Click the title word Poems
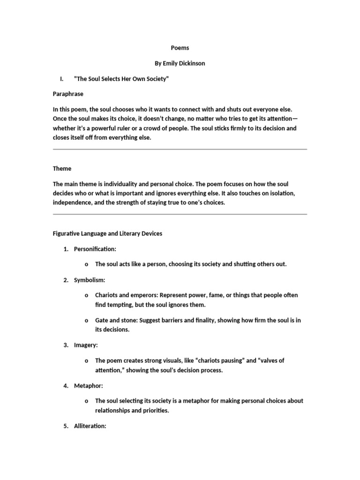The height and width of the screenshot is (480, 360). click(180, 48)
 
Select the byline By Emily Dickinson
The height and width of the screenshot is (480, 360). click(180, 63)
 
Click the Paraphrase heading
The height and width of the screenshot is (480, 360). click(68, 94)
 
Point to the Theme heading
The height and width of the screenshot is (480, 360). click(62, 168)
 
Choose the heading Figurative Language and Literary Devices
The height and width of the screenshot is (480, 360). click(107, 234)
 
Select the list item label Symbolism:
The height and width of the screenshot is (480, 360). click(90, 280)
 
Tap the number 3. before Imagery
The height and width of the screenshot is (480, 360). click(66, 345)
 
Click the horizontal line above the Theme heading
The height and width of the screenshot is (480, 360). click(180, 149)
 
